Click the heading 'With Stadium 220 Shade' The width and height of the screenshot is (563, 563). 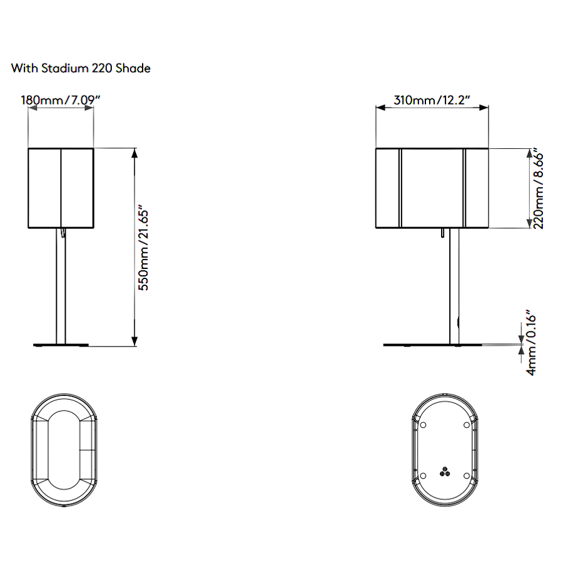pyautogui.click(x=81, y=68)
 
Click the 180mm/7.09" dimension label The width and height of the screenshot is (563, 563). pyautogui.click(x=60, y=100)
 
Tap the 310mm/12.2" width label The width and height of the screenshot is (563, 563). pyautogui.click(x=432, y=100)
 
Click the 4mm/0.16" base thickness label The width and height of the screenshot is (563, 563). pyautogui.click(x=530, y=343)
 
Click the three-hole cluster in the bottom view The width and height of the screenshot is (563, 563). pyautogui.click(x=445, y=472)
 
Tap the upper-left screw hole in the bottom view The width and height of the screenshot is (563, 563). pyautogui.click(x=423, y=425)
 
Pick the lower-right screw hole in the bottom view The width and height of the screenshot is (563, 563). pyautogui.click(x=467, y=476)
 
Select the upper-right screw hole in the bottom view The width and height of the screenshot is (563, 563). pyautogui.click(x=467, y=425)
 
